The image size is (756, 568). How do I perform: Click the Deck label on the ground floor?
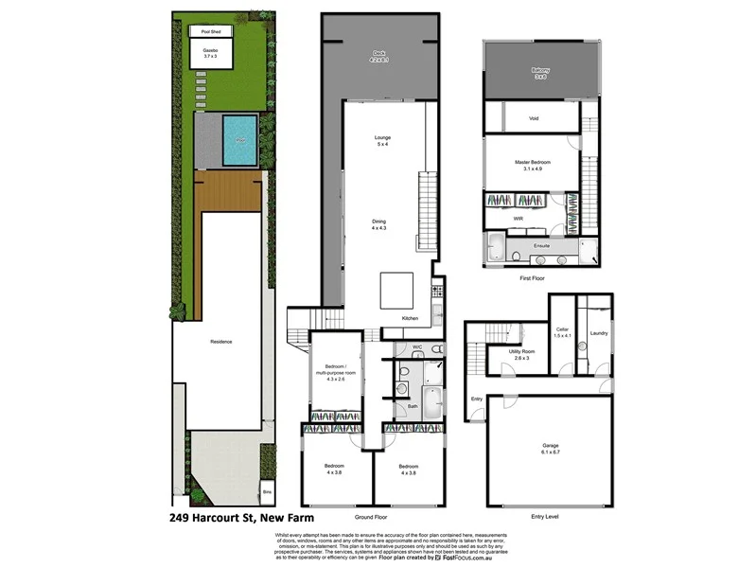pyautogui.click(x=379, y=56)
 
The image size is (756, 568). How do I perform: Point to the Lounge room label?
pyautogui.click(x=383, y=141)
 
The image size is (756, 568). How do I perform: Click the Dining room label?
pyautogui.click(x=379, y=224)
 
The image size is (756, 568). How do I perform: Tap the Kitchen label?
pyautogui.click(x=409, y=317)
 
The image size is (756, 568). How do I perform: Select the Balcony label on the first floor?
pyautogui.click(x=539, y=73)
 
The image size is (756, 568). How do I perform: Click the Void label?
pyautogui.click(x=534, y=118)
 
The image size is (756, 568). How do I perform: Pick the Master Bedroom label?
pyautogui.click(x=533, y=165)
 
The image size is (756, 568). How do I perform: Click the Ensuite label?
pyautogui.click(x=541, y=245)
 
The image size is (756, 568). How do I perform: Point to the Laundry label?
pyautogui.click(x=598, y=333)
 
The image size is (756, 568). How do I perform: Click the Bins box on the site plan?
pyautogui.click(x=267, y=492)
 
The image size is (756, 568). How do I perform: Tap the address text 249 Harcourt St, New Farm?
pyautogui.click(x=241, y=519)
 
